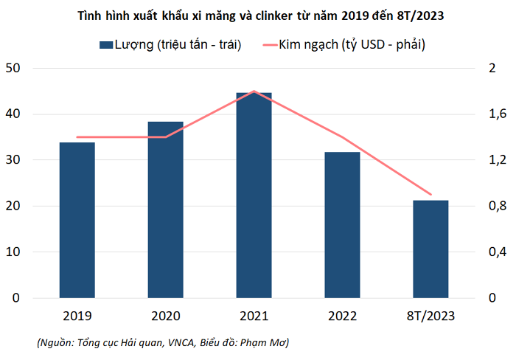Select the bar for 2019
[77, 220]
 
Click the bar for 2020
[166, 210]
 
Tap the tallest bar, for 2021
[254, 195]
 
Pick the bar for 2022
[342, 225]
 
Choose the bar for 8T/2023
[430, 249]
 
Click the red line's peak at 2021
[254, 91]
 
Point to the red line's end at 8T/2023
[430, 194]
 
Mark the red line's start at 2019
[77, 137]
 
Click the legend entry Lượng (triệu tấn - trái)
[170, 45]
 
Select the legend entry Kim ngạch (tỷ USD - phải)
[344, 45]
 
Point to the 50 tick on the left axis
[13, 68]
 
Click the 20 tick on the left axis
[13, 206]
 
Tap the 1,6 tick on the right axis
[498, 114]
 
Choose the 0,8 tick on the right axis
[498, 206]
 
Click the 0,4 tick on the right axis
[498, 252]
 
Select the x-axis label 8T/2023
[430, 316]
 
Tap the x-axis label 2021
[254, 316]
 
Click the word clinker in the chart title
[274, 15]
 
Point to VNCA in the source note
[181, 343]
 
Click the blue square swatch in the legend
[106, 45]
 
